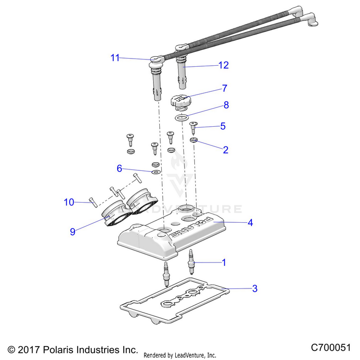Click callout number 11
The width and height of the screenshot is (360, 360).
coord(115,58)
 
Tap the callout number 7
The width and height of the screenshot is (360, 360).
coord(224,88)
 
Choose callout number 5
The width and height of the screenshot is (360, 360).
coord(222,127)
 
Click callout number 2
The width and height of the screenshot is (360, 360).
coord(225,149)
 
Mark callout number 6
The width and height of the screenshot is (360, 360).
coord(120,168)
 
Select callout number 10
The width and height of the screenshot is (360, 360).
coord(70,202)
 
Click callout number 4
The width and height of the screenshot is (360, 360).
coord(250,223)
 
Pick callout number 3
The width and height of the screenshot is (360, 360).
coord(255,288)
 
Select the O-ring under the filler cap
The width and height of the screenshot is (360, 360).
coord(181,118)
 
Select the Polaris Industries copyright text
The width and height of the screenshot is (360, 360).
coord(73,349)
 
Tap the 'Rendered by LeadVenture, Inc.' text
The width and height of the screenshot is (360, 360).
coord(180,355)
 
